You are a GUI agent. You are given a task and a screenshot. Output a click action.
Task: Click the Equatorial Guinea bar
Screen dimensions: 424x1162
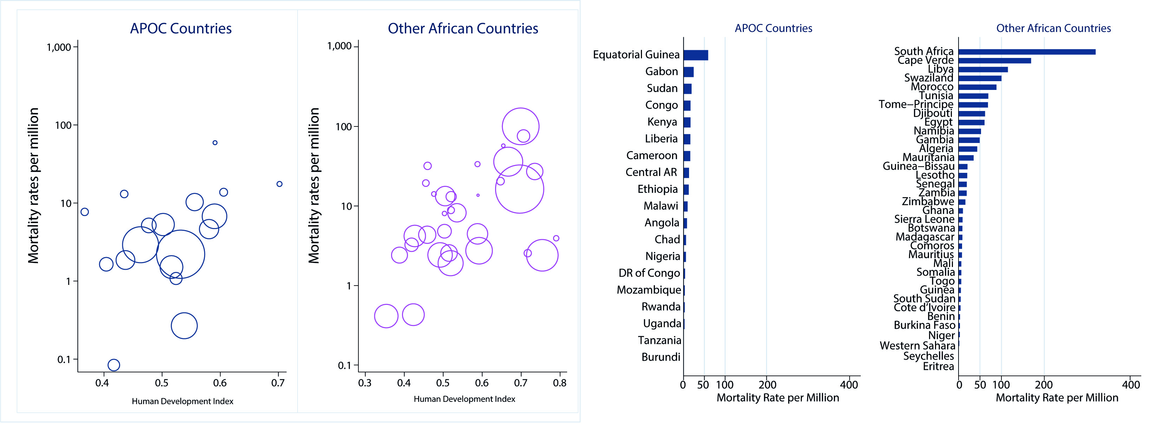696,55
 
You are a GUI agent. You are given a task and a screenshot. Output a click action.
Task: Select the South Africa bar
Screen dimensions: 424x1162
1027,52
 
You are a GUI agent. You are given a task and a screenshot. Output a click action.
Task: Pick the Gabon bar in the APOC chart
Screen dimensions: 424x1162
688,72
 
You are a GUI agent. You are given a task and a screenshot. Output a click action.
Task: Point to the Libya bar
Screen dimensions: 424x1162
983,70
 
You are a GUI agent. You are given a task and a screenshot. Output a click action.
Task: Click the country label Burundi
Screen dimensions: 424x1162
661,357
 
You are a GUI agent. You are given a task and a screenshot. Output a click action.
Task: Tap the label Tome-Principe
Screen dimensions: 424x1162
916,105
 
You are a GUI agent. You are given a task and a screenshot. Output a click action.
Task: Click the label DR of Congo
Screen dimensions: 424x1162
649,273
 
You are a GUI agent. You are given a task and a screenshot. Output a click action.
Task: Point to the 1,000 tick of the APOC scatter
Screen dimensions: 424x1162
59,47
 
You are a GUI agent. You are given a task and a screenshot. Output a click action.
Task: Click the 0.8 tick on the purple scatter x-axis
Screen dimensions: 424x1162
560,383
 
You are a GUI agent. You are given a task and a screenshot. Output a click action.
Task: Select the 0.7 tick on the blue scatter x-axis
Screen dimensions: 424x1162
278,383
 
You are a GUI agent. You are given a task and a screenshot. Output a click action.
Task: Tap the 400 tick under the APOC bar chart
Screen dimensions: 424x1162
849,385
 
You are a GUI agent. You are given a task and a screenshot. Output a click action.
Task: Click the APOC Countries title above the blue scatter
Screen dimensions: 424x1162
181,28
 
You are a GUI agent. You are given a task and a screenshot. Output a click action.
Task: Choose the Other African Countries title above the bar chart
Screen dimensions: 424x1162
1053,28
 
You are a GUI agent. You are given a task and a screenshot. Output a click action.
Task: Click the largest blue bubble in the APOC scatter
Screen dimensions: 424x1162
181,254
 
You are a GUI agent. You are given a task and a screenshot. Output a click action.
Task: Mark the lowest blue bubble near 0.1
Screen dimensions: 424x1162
114,365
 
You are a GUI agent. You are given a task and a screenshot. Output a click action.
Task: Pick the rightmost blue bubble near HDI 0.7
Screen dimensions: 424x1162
280,184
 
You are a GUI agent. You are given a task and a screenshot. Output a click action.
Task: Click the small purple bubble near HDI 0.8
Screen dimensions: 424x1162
556,238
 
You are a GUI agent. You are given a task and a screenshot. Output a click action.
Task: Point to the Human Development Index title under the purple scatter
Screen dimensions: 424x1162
464,399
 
